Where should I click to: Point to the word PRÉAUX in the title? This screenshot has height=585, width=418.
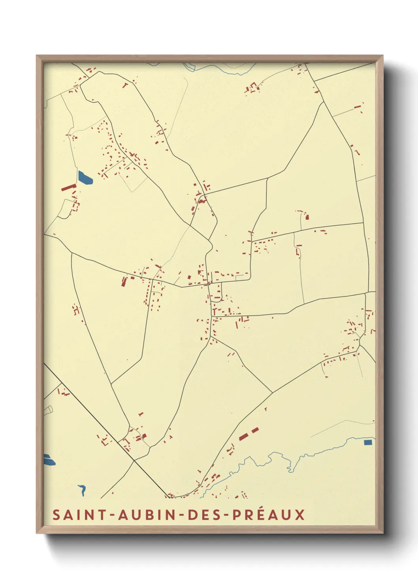coord(269,515)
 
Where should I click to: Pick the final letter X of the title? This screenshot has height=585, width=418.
coord(300,515)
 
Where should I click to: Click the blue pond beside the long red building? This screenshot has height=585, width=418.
coord(85,178)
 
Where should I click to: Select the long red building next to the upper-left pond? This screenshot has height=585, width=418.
coord(68,187)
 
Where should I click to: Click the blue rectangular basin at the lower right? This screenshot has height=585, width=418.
coord(368,442)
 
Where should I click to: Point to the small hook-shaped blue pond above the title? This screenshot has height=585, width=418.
coord(83,490)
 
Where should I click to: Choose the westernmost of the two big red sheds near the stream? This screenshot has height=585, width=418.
coord(243,436)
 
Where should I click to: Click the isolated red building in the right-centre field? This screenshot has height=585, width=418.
coord(307,217)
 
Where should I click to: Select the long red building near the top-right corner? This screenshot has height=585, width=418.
coord(358,106)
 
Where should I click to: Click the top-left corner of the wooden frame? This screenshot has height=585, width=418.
coord(37,56)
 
